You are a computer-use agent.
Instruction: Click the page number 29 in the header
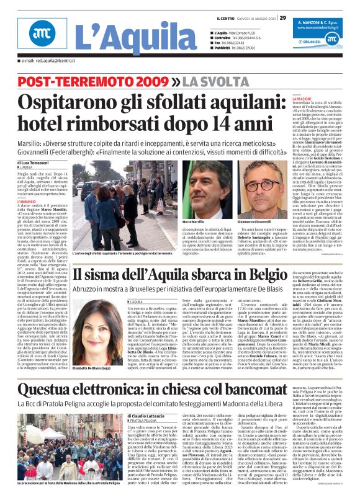282,7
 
